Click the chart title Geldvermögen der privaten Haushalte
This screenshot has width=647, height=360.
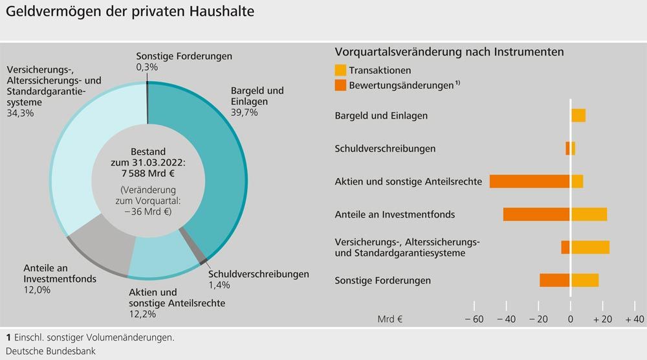(130, 12)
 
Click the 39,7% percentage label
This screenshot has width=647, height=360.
(244, 113)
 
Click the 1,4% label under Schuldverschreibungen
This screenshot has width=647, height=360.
(219, 285)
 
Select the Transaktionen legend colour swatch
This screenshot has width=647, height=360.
(341, 71)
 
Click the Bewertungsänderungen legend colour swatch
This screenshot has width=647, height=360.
(341, 85)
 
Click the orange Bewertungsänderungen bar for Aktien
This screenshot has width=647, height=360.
(529, 181)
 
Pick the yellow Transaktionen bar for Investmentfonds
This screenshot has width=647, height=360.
(589, 214)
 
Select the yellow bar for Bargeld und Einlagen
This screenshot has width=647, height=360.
(578, 115)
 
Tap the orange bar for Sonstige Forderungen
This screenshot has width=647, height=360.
(554, 280)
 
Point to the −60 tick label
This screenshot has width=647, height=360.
(474, 319)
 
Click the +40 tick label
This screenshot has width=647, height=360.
(634, 319)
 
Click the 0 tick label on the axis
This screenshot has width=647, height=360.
(570, 319)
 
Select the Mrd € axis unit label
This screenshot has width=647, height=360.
(390, 319)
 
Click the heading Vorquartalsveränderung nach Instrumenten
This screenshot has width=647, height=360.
(449, 52)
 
